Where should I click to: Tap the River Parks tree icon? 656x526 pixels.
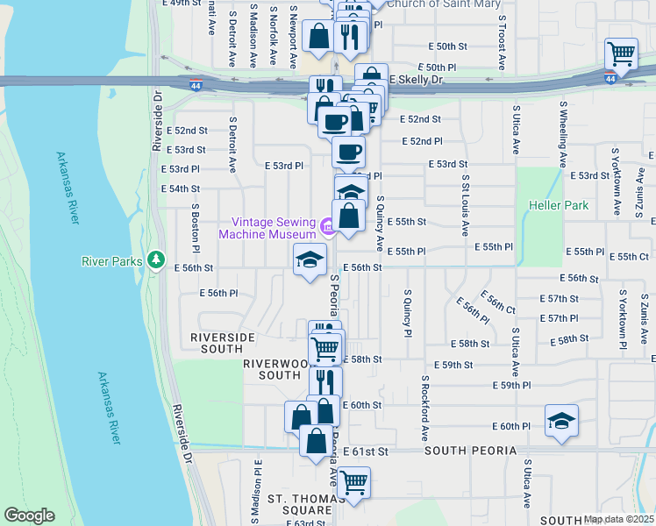(156, 259)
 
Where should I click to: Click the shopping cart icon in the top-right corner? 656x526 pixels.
(621, 53)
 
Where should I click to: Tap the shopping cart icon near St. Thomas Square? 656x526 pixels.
(353, 482)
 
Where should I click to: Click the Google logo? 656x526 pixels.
(29, 515)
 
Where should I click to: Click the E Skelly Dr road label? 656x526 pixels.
(417, 80)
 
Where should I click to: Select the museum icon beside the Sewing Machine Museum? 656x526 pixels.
(327, 229)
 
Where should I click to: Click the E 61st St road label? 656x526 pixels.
(365, 451)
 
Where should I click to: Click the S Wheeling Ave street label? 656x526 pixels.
(563, 132)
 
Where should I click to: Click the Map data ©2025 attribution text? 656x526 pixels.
(617, 519)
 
